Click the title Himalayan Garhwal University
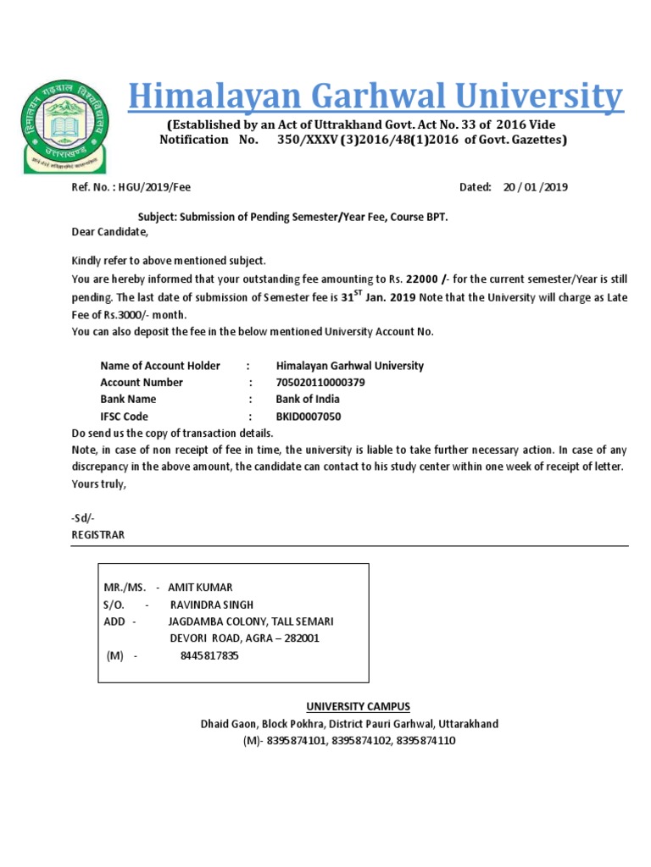[376, 98]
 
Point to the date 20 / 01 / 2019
[536, 188]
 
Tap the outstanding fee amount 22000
[423, 279]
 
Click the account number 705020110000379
[322, 383]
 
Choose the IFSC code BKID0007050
[309, 417]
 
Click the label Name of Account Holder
[160, 366]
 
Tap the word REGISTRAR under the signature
[98, 535]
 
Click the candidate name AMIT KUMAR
[200, 587]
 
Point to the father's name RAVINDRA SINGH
[212, 605]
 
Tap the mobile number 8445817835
[209, 655]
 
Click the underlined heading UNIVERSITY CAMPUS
[358, 707]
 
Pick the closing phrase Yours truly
[99, 484]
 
